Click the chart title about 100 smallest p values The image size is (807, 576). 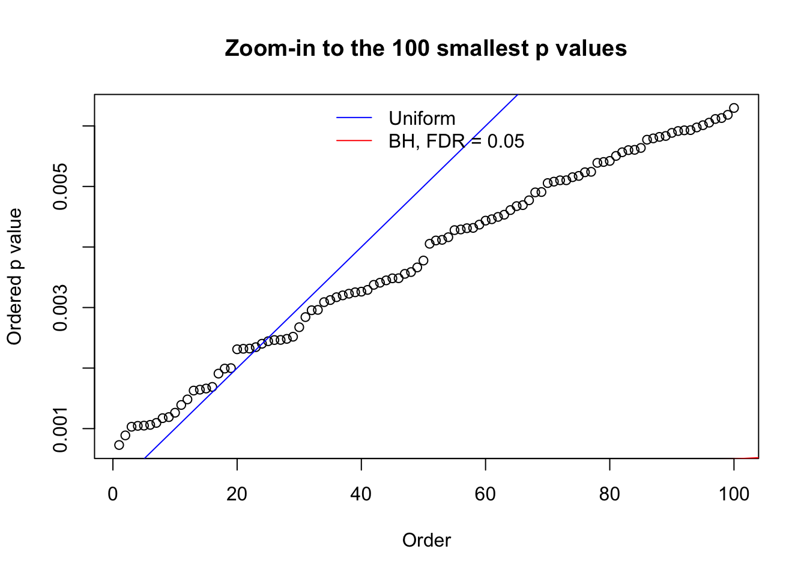tap(426, 49)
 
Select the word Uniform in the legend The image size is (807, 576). tap(422, 118)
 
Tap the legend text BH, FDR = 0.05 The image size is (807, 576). tap(456, 141)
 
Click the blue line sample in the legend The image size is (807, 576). tap(354, 118)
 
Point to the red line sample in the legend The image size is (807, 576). tap(354, 141)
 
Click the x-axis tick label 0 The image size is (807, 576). tap(113, 494)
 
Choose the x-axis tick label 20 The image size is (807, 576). tap(237, 494)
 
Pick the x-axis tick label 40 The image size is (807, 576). tap(361, 494)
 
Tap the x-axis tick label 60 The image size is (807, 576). tap(485, 494)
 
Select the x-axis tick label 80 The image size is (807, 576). tap(609, 494)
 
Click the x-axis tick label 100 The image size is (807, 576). tap(734, 494)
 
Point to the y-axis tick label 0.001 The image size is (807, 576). tap(61, 429)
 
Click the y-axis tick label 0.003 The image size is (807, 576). tap(61, 308)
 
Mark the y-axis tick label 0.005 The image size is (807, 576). tap(61, 187)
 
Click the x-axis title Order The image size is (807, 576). tap(426, 540)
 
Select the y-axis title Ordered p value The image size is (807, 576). tap(14, 277)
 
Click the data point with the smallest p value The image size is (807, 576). tap(119, 445)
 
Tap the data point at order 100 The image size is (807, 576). tap(734, 108)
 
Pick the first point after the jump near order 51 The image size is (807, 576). tap(429, 244)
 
